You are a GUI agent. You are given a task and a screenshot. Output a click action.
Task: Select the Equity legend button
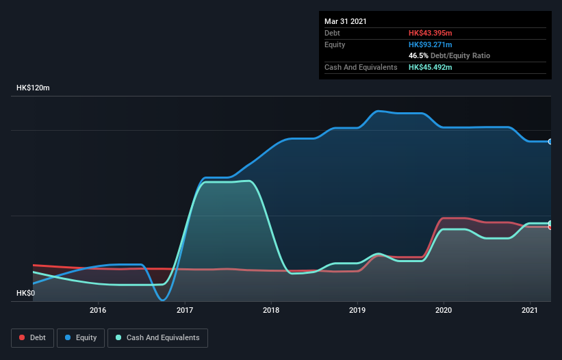coord(81,337)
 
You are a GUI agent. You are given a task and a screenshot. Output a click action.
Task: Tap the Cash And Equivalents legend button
coord(157,337)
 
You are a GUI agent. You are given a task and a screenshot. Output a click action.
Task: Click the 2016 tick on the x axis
coord(98,310)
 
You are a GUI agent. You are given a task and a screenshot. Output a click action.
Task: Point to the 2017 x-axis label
coord(185,310)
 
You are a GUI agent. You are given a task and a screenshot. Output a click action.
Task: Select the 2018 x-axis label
coord(271,310)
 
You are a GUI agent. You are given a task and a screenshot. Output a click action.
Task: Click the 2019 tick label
coord(357,310)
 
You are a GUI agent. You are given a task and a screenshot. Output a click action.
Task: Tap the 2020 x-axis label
coord(444,310)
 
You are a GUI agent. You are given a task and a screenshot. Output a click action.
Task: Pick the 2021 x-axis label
coord(530,310)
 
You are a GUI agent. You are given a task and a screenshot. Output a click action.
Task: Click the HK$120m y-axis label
coord(33,88)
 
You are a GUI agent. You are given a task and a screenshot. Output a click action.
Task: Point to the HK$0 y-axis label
coord(25,293)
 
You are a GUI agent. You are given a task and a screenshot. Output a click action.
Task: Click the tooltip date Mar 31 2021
coord(346,21)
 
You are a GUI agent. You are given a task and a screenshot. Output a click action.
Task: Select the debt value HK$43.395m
coord(431,33)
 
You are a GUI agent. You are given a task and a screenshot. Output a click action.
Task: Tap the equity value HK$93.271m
coord(431,44)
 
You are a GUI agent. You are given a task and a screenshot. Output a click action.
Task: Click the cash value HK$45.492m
coord(431,67)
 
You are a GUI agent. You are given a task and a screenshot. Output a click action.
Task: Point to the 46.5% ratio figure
coord(418,55)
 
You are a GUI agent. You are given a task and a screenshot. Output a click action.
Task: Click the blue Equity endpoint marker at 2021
coord(550,142)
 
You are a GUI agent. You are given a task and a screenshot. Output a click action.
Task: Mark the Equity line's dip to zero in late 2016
coord(162,299)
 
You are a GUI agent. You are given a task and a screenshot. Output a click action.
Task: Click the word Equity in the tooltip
coord(335,44)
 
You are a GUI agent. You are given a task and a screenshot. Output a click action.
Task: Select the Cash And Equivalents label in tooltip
coord(361,67)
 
